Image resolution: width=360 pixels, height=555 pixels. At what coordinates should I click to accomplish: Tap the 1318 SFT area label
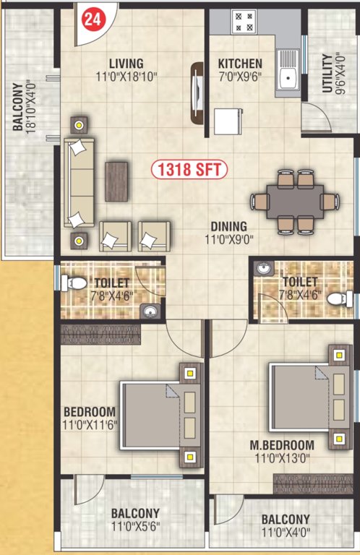189,171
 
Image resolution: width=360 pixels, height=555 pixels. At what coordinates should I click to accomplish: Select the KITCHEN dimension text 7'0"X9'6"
241,76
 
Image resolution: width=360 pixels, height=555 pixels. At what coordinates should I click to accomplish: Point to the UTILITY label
327,72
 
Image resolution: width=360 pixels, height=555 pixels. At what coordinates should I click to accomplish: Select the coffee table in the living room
117,181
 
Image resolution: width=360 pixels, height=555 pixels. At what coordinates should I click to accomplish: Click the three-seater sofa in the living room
80,181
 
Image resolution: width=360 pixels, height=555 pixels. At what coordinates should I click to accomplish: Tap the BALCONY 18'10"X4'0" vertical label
22,106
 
